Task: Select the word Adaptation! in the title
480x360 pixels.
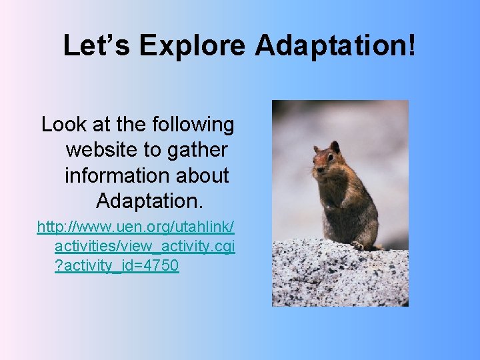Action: (x=335, y=46)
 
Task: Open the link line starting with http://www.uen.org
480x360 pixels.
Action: (x=136, y=227)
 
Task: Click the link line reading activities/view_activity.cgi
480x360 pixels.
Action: (x=145, y=247)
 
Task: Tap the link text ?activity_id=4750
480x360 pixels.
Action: (x=117, y=266)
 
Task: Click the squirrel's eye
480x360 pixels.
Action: (x=325, y=157)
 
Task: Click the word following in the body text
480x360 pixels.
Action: (x=193, y=125)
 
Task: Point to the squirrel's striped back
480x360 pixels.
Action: (x=363, y=200)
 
